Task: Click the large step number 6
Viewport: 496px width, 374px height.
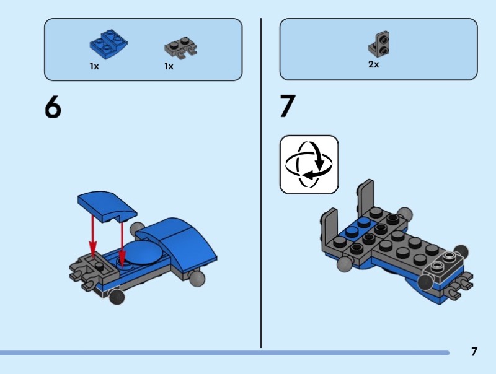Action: point(53,107)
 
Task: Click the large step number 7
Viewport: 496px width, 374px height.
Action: point(288,106)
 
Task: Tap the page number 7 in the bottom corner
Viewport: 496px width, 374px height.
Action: point(474,352)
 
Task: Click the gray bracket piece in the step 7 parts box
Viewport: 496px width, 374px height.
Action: point(378,44)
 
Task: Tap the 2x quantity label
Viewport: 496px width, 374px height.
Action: point(374,64)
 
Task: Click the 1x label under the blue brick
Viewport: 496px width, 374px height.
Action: point(94,66)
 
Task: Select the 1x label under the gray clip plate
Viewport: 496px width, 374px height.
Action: point(169,66)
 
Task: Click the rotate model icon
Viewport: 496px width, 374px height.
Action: point(309,164)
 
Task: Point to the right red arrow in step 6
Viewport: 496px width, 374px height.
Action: point(122,243)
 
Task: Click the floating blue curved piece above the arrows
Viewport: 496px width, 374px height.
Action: point(107,206)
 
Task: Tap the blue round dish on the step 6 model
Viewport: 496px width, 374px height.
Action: point(143,252)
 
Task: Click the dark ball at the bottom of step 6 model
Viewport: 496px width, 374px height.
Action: point(117,297)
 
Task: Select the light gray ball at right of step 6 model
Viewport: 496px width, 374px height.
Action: point(197,279)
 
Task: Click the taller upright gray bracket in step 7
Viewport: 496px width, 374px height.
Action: point(366,196)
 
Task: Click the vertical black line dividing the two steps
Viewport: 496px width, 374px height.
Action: point(261,183)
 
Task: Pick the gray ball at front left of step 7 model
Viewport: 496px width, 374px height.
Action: point(345,264)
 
